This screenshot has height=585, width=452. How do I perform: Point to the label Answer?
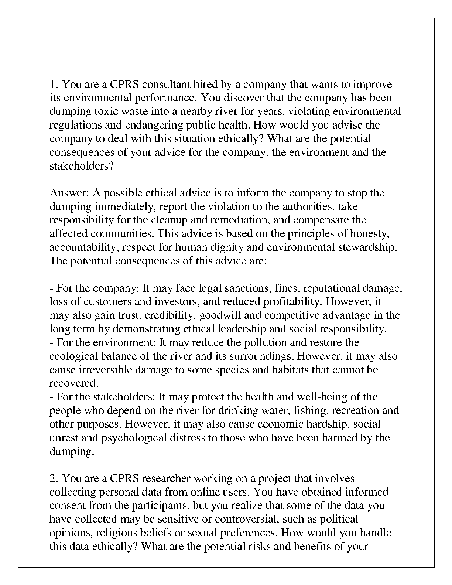coord(69,193)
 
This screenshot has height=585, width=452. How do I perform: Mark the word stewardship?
coord(367,247)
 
